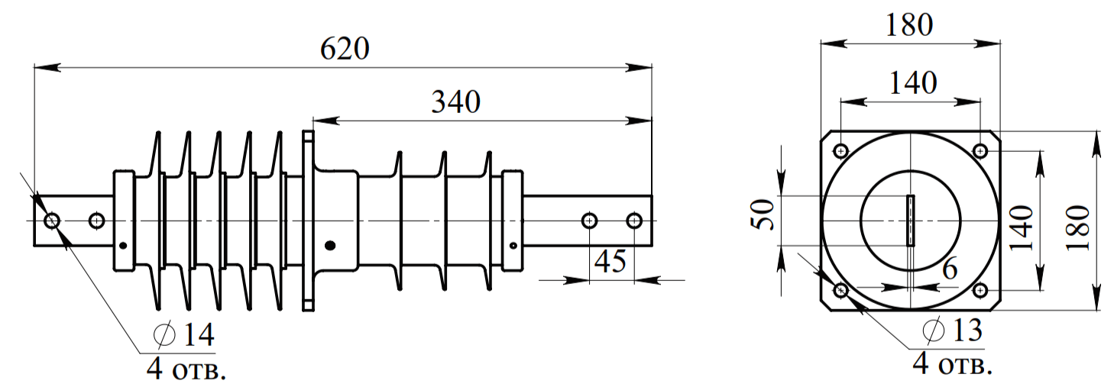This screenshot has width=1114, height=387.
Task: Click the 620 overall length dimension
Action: click(x=345, y=48)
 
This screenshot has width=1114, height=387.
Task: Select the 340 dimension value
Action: click(x=455, y=102)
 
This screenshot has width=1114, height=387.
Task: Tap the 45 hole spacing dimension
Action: click(x=610, y=261)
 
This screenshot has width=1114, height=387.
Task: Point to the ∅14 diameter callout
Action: click(x=184, y=334)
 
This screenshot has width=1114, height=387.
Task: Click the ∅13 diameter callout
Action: click(x=952, y=330)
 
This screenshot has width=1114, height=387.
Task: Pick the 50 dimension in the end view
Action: click(x=763, y=214)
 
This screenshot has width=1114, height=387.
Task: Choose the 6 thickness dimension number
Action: click(x=950, y=269)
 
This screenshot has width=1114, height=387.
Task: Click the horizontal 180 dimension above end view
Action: click(x=909, y=25)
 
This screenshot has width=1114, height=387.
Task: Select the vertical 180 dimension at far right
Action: click(x=1078, y=227)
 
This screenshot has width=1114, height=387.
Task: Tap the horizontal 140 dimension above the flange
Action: click(x=912, y=82)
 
